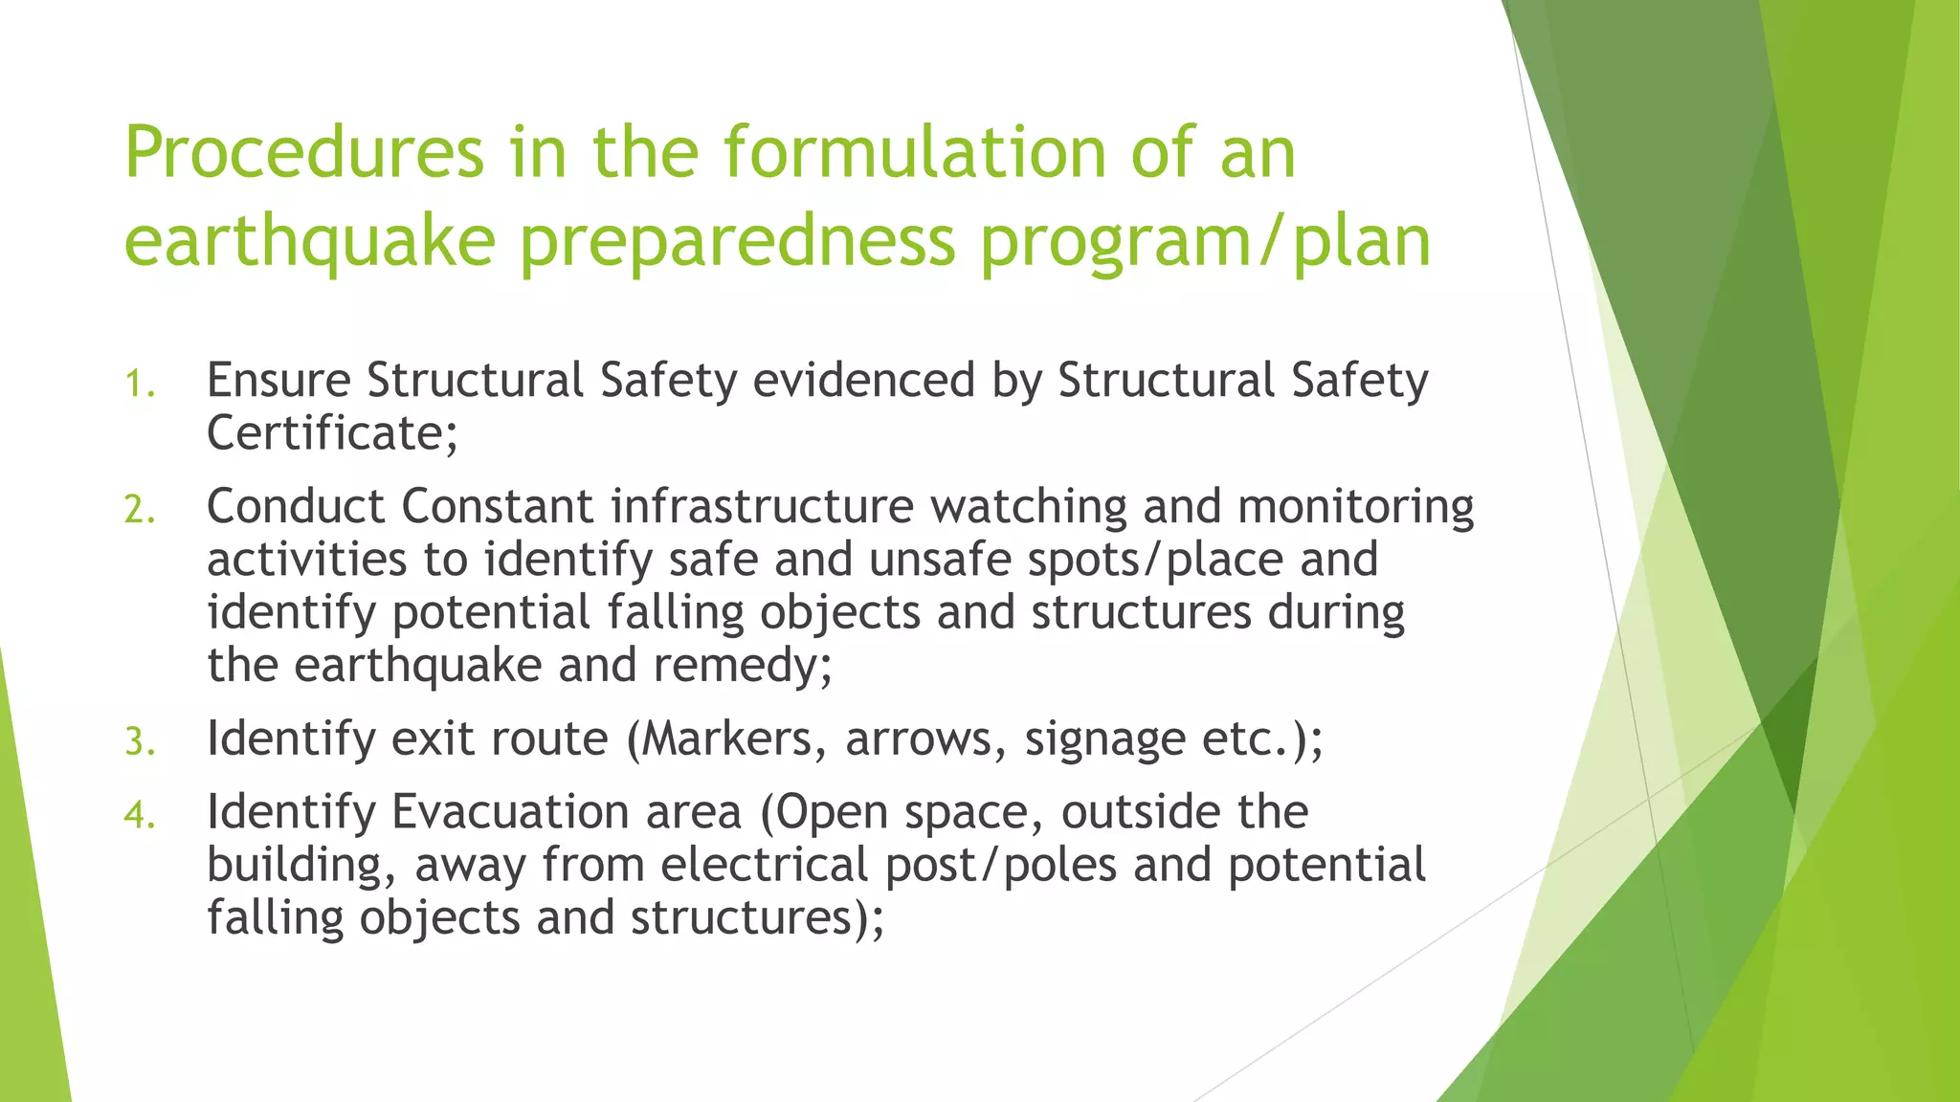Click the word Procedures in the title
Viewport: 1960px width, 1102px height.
304,153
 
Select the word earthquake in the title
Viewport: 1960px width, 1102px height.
309,241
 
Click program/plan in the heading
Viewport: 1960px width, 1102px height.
1206,241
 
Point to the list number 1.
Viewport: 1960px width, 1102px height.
139,385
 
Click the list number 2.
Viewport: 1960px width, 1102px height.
139,510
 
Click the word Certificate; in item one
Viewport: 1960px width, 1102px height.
332,433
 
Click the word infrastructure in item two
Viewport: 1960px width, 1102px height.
762,506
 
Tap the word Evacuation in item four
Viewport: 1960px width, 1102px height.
566,812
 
